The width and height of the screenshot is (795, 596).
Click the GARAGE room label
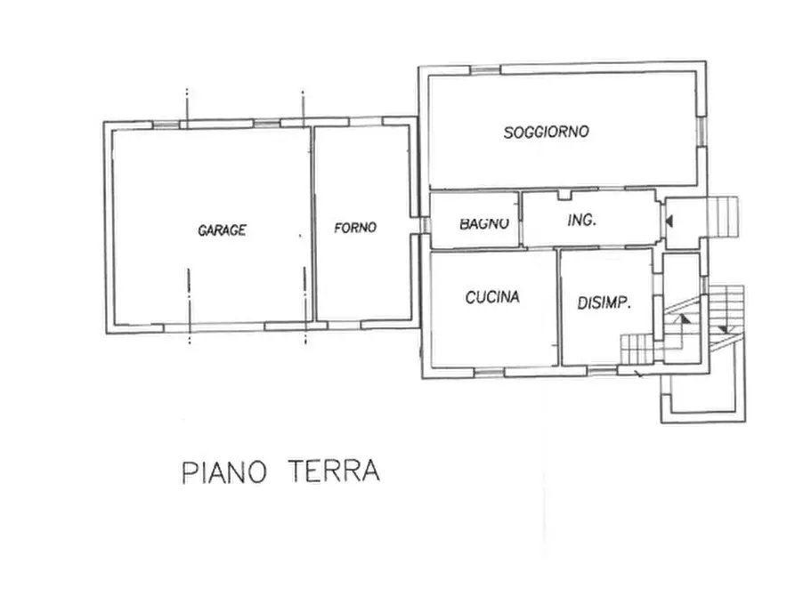click(222, 230)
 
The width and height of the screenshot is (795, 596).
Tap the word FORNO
click(355, 228)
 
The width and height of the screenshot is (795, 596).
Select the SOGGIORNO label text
click(547, 133)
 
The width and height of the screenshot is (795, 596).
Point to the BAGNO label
click(484, 223)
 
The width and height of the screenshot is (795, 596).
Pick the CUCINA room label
click(491, 298)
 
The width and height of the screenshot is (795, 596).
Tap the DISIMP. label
click(604, 302)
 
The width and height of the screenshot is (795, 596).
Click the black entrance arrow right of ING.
click(669, 219)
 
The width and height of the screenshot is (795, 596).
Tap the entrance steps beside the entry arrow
click(723, 216)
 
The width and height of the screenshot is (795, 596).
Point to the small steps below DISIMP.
click(637, 346)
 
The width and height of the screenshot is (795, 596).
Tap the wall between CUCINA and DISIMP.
click(559, 307)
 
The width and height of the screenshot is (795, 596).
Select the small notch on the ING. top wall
click(564, 194)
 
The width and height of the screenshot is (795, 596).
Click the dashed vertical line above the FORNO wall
click(304, 105)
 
